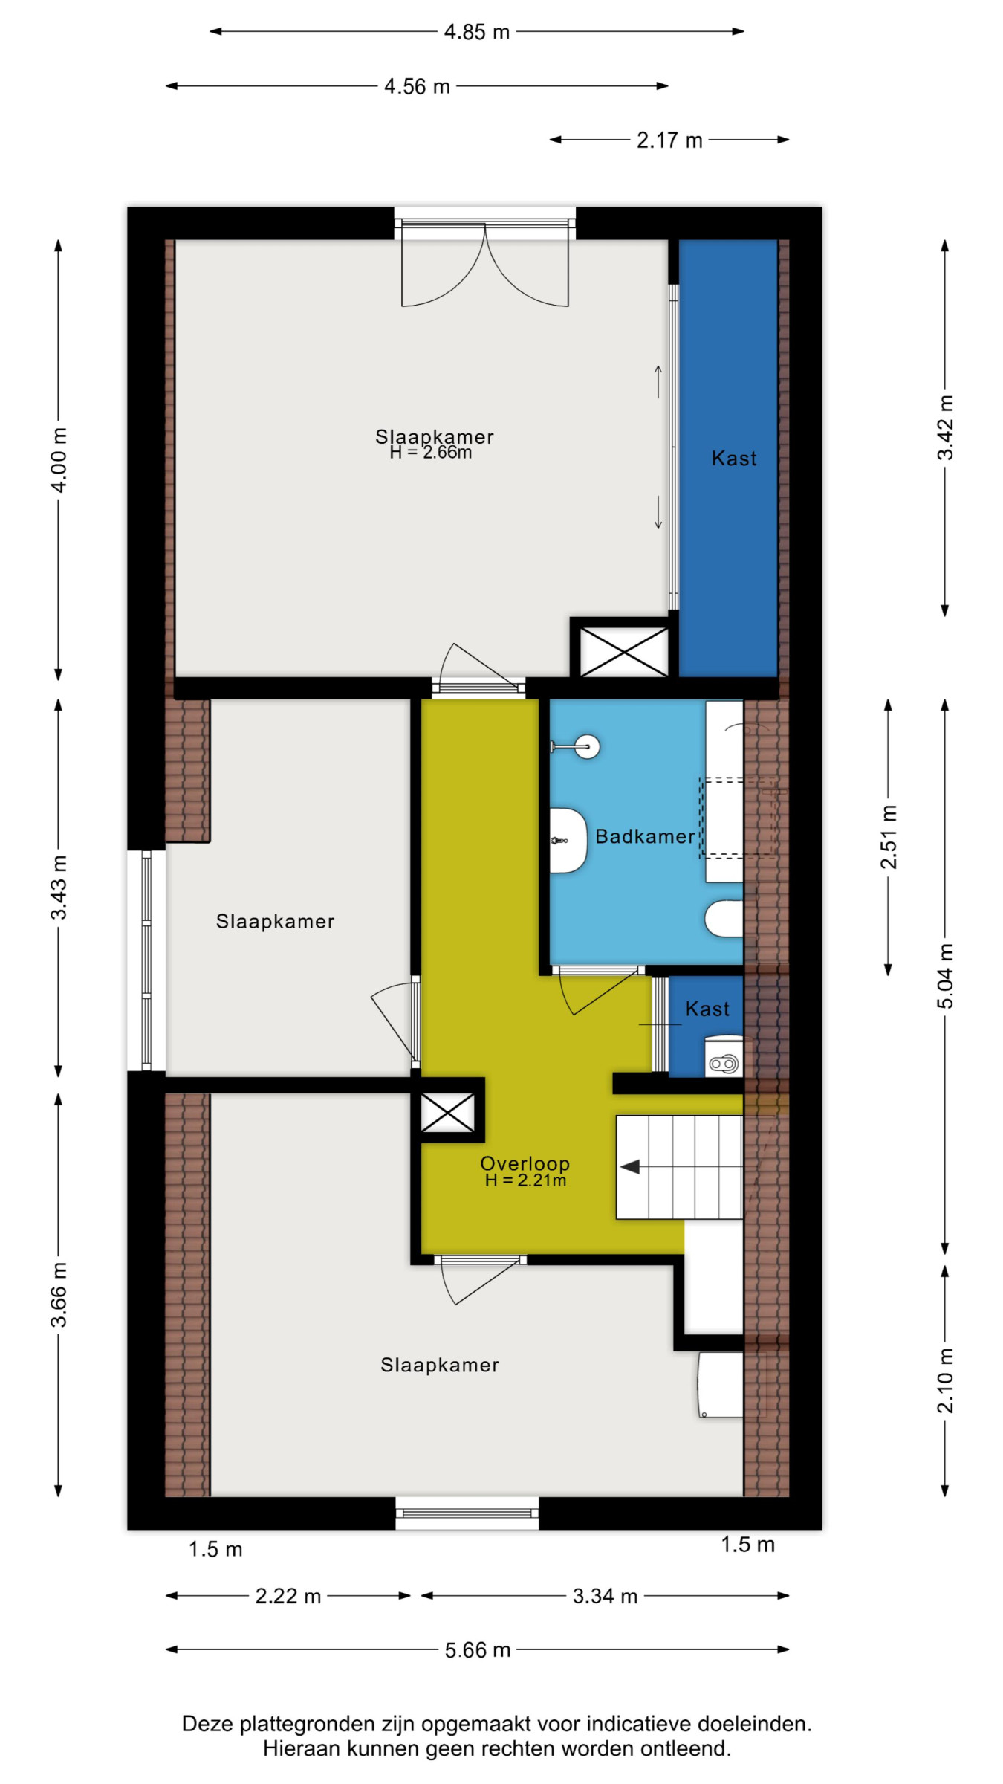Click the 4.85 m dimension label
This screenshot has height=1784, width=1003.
pyautogui.click(x=477, y=32)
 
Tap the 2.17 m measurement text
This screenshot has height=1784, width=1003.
pyautogui.click(x=669, y=140)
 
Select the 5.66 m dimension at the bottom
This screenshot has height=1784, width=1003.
pyautogui.click(x=478, y=1650)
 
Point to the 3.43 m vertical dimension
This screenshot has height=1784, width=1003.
pyautogui.click(x=59, y=887)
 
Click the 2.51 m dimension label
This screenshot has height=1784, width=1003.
pyautogui.click(x=889, y=836)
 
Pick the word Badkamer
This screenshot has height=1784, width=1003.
pyautogui.click(x=645, y=836)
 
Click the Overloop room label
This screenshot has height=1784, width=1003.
pyautogui.click(x=525, y=1163)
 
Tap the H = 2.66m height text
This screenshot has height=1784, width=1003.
pyautogui.click(x=431, y=453)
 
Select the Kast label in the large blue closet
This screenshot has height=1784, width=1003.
pyautogui.click(x=734, y=458)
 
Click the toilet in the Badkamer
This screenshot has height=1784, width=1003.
pyautogui.click(x=724, y=919)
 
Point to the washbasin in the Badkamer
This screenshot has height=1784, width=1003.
pyautogui.click(x=568, y=840)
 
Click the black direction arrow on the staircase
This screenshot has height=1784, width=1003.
pyautogui.click(x=630, y=1167)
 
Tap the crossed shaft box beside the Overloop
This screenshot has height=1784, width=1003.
pyautogui.click(x=448, y=1112)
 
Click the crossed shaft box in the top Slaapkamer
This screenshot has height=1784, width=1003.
pyautogui.click(x=624, y=652)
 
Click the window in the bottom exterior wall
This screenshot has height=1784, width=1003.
pyautogui.click(x=467, y=1513)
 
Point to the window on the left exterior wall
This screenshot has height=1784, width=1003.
pyautogui.click(x=146, y=960)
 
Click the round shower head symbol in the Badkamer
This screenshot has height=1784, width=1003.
pyautogui.click(x=588, y=746)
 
